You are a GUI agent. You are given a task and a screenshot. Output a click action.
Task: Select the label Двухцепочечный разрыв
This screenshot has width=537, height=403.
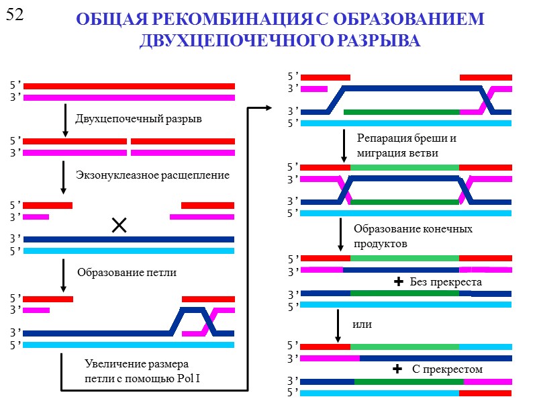(x=138, y=119)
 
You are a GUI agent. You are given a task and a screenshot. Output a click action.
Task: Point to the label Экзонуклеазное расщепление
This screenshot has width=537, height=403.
(x=152, y=175)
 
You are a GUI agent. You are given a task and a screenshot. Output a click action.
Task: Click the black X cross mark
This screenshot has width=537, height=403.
(x=119, y=226)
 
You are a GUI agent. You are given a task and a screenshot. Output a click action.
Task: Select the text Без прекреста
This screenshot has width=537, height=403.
(x=446, y=281)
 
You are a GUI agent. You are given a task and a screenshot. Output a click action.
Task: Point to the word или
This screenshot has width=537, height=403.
(x=362, y=324)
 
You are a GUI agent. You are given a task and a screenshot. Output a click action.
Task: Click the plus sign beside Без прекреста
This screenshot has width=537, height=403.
(x=398, y=282)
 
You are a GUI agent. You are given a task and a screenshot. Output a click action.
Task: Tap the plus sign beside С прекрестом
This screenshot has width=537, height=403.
(x=398, y=369)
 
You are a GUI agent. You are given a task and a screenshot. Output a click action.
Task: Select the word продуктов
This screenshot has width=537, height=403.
(x=381, y=242)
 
